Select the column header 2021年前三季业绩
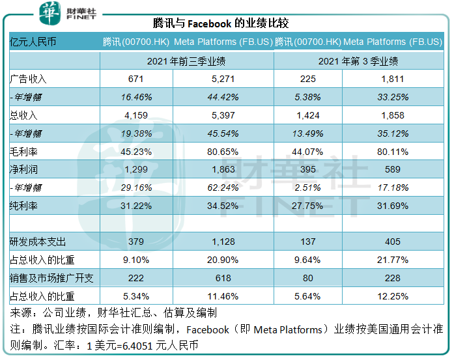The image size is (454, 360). (186, 61)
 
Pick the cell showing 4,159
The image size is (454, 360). (136, 115)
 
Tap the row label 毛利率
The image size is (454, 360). (24, 152)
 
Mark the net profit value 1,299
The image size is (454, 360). (136, 169)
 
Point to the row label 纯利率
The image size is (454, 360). (24, 206)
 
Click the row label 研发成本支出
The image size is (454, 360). (38, 242)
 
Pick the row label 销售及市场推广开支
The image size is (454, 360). (51, 278)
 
